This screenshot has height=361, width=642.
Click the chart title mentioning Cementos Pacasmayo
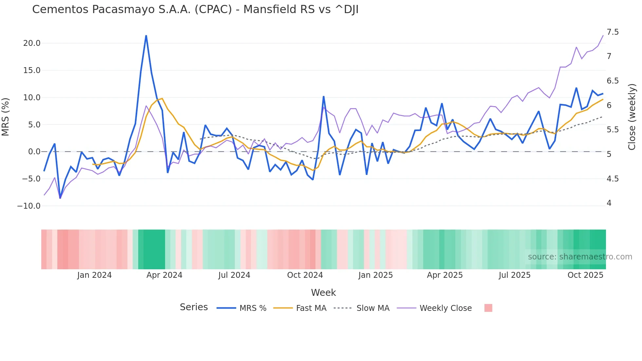(195, 9)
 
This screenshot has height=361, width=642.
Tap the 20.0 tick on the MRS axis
(32, 43)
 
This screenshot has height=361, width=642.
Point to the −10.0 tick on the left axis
(29, 206)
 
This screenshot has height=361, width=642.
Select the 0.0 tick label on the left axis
(34, 152)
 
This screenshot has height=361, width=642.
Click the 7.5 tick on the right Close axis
(613, 32)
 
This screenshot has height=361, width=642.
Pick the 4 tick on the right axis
(609, 203)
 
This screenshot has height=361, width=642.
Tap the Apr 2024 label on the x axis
(164, 275)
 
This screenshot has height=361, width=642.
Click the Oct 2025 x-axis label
(585, 275)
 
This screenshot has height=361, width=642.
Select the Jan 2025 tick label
(375, 275)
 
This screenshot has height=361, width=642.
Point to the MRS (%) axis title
(6, 117)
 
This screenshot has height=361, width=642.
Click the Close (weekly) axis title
(632, 117)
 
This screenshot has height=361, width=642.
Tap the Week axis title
(323, 293)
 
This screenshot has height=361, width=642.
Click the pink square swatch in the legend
(488, 308)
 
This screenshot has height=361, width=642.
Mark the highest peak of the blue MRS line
(146, 36)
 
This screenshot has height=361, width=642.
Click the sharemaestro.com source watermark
(580, 257)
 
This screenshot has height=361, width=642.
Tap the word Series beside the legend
(194, 307)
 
